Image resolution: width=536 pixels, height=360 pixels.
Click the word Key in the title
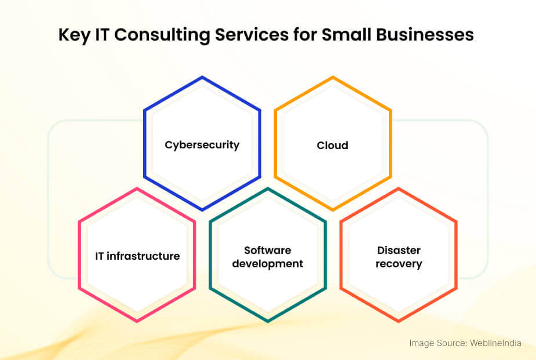point(74,35)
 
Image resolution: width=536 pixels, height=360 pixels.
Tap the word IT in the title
point(101,35)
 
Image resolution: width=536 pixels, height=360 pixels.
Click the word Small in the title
point(347,35)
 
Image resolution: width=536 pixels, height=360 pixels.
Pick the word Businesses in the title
point(425,35)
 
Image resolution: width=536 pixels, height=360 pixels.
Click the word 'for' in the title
point(305,35)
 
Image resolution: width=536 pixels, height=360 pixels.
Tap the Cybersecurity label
point(202,146)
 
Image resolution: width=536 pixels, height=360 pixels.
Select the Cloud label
point(332,146)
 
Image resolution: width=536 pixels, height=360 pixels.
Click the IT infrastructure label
point(137,256)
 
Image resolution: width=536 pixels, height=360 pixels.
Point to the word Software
point(268,250)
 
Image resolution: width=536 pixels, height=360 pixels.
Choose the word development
point(268,264)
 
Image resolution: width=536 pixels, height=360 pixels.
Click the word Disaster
point(399,250)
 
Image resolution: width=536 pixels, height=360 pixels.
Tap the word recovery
point(399,264)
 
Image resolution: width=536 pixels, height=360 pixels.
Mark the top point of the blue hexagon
point(202,77)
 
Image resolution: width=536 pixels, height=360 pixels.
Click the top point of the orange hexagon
point(333,77)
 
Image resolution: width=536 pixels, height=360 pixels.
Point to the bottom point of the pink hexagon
point(137,322)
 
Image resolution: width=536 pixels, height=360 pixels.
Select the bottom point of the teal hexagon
point(268,322)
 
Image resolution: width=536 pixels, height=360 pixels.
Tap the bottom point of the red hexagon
point(399,322)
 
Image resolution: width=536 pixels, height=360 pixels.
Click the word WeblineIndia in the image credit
point(495,343)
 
